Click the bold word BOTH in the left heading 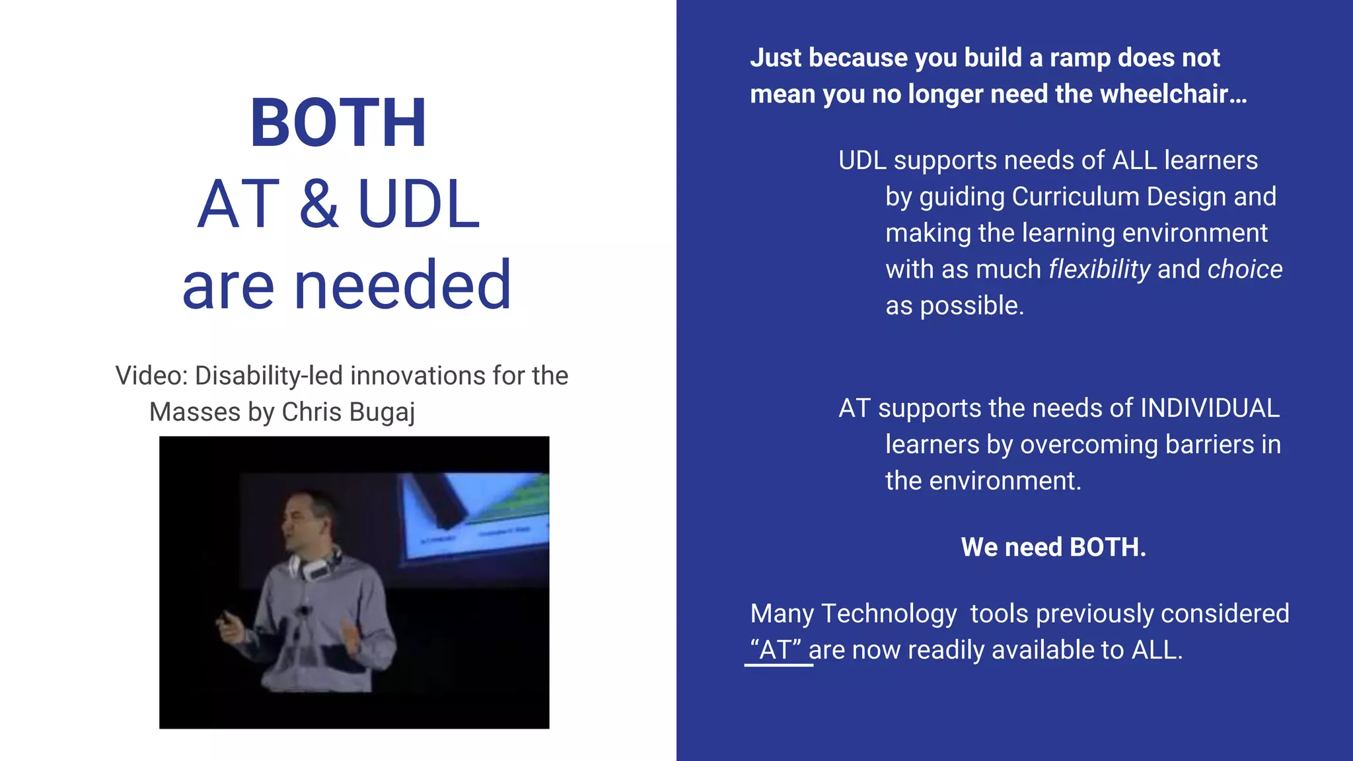(x=338, y=124)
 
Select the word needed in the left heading (x=402, y=285)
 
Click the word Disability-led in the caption (x=269, y=376)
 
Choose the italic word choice (x=1245, y=270)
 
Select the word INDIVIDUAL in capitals (x=1210, y=408)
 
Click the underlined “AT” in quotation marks (x=776, y=650)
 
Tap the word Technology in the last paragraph (x=889, y=614)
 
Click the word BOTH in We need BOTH (x=1107, y=547)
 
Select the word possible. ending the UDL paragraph (x=972, y=306)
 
